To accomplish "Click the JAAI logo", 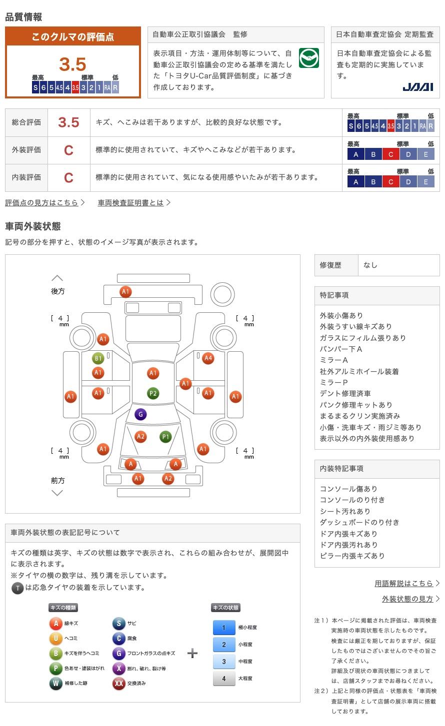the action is (418, 87).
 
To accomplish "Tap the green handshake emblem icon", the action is (309, 58).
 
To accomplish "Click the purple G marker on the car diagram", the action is (140, 414).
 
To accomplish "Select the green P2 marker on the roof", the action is (153, 393).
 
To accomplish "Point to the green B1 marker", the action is (98, 358).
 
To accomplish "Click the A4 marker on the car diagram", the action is (208, 358).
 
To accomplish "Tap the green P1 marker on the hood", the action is (165, 437).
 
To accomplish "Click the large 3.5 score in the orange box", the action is (72, 64).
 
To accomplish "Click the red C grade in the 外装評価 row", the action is (68, 150).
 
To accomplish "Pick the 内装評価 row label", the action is (26, 177).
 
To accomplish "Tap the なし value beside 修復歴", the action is (370, 265).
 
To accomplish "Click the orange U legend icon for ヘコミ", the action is (56, 638).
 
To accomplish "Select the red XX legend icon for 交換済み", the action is (118, 683).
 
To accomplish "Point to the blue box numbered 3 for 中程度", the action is (224, 662).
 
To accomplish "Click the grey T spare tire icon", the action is (17, 588).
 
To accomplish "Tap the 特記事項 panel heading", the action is (334, 295).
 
